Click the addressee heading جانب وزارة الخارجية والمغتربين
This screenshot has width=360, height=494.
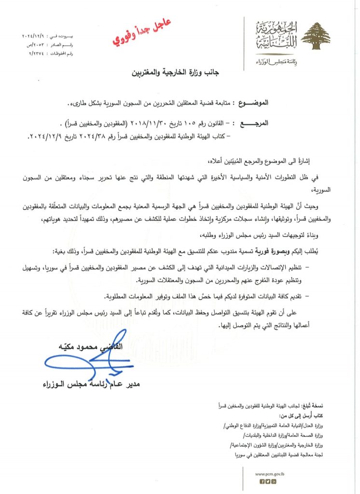coord(174,74)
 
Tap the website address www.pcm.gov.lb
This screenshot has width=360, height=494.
coord(267,474)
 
